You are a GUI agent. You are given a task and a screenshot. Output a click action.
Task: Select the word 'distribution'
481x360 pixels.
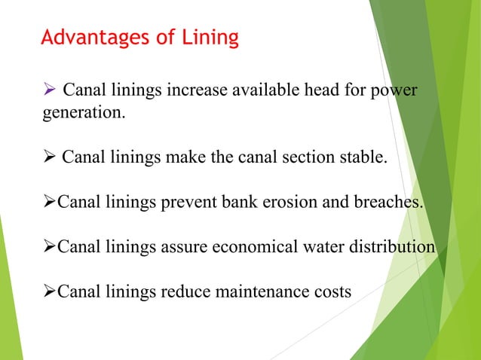click(x=397, y=248)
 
